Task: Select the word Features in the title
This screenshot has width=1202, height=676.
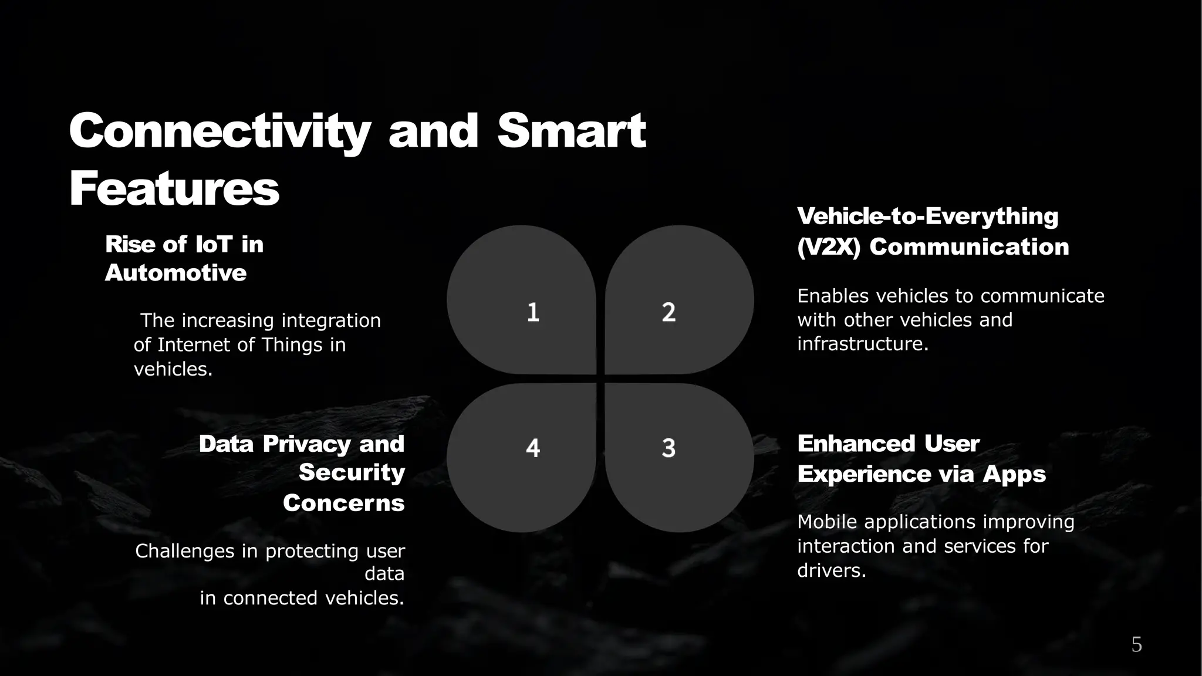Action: (x=174, y=189)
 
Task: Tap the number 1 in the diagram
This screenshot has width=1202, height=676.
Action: (x=533, y=312)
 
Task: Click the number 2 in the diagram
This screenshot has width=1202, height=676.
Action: (x=668, y=312)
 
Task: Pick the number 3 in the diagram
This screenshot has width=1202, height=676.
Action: (x=668, y=448)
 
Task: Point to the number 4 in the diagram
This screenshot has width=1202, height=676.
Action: (x=533, y=448)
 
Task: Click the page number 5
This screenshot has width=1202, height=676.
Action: (x=1136, y=645)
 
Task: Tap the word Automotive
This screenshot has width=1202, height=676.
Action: (x=175, y=273)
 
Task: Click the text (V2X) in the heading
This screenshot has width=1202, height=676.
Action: (x=828, y=247)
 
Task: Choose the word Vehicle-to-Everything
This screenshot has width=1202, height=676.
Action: (x=927, y=216)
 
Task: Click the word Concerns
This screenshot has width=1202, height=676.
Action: (x=343, y=503)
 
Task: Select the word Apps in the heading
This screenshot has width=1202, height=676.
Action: (x=1014, y=474)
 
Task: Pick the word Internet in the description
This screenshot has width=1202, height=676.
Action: (x=194, y=345)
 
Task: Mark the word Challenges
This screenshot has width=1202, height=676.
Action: (x=185, y=551)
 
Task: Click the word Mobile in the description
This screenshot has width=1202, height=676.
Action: (x=828, y=522)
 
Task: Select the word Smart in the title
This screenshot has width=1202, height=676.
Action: (x=571, y=131)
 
